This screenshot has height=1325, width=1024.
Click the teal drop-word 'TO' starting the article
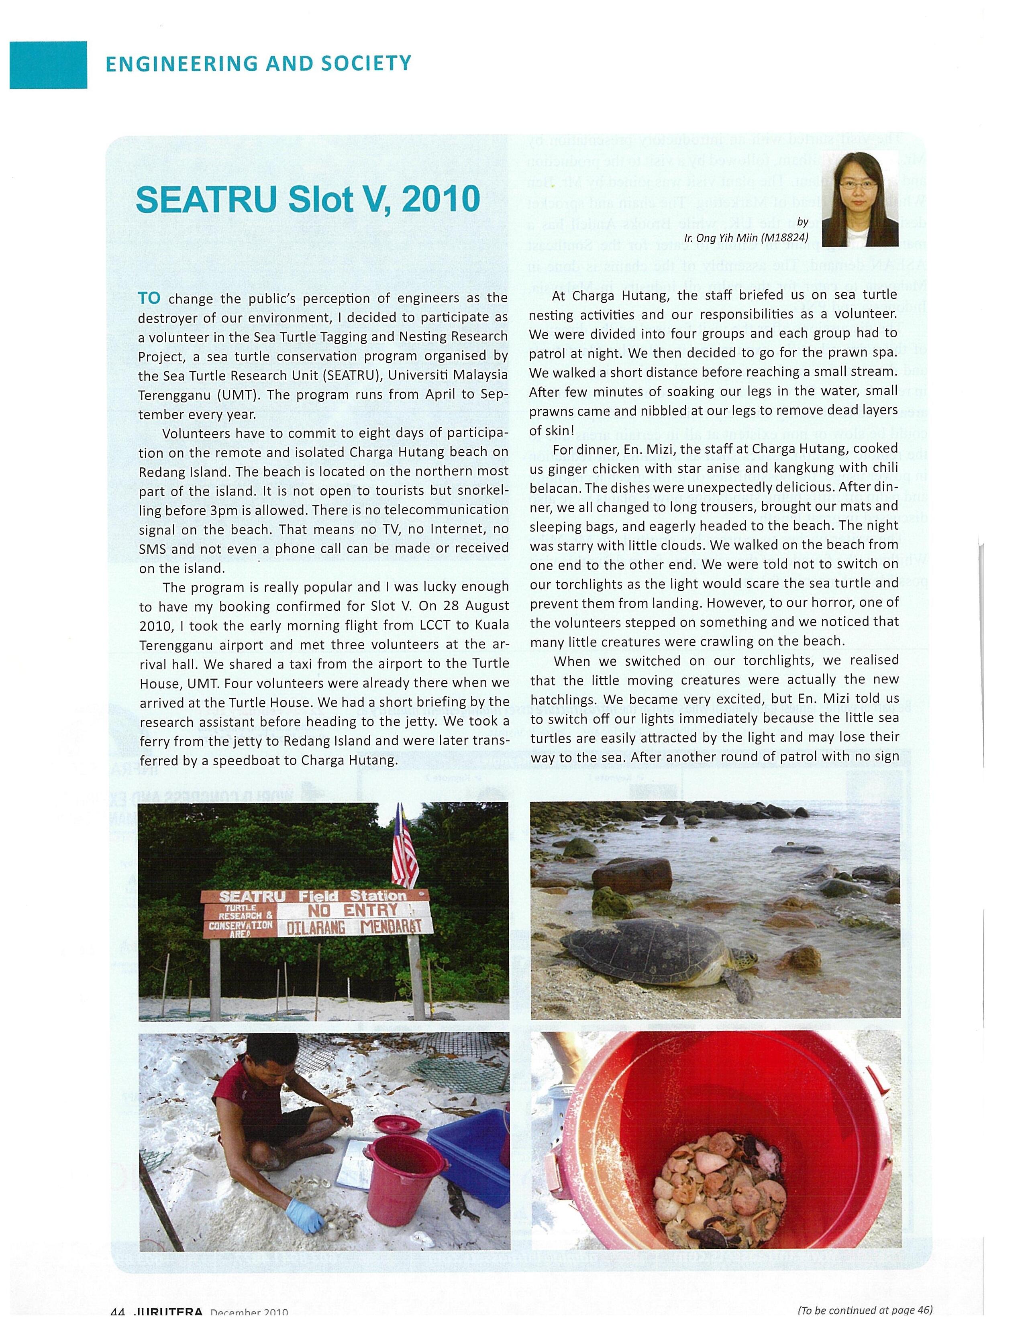[149, 298]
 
